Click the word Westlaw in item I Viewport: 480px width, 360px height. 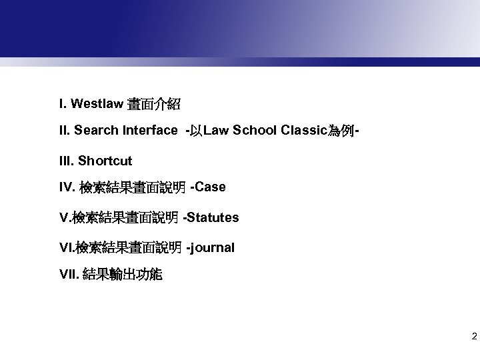click(x=96, y=104)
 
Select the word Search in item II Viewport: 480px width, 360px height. click(x=96, y=131)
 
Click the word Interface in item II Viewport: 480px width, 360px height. click(x=149, y=131)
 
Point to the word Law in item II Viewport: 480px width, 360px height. click(x=216, y=131)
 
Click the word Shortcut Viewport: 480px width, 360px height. click(x=105, y=161)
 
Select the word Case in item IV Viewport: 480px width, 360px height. click(x=211, y=187)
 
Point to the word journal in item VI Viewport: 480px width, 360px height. click(x=213, y=247)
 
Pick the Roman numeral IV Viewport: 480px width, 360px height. click(x=66, y=188)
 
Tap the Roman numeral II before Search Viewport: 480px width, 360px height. click(x=64, y=131)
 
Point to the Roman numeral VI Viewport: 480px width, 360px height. click(x=66, y=247)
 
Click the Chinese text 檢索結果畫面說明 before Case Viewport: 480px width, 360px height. click(x=133, y=188)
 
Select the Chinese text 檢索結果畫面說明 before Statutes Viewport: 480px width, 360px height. click(x=126, y=218)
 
